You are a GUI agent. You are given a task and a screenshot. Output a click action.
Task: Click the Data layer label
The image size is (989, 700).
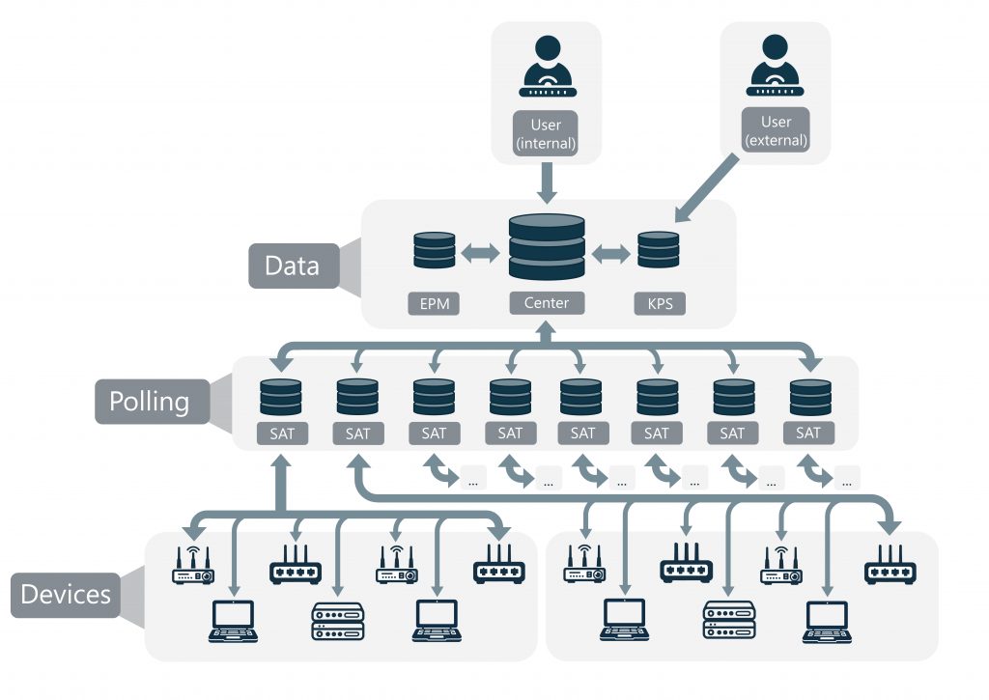click(x=293, y=266)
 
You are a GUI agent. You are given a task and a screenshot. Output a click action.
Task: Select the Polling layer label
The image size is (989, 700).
click(x=149, y=401)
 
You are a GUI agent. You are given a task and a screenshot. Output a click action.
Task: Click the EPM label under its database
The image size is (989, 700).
click(x=434, y=304)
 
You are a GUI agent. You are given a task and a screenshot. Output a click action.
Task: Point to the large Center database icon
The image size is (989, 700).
click(x=547, y=248)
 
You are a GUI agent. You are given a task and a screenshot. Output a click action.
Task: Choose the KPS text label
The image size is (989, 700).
click(x=660, y=304)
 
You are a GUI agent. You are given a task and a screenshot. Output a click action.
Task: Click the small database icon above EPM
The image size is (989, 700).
click(x=434, y=250)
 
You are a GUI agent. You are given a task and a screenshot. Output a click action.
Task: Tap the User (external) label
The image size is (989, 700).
click(x=776, y=130)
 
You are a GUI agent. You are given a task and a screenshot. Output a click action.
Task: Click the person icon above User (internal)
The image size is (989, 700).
click(x=547, y=66)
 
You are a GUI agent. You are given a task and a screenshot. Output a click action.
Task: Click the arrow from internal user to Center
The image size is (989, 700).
click(x=547, y=182)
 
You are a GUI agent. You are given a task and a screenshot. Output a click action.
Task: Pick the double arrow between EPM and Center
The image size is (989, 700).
click(x=479, y=253)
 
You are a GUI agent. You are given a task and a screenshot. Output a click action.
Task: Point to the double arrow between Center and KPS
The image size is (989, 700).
click(x=610, y=253)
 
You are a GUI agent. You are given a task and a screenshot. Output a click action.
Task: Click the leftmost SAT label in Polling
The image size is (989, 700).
click(x=281, y=434)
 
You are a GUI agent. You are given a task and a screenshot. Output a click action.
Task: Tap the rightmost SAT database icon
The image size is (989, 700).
click(x=809, y=397)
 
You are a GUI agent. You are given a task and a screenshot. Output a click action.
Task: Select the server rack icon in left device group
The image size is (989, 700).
click(x=338, y=623)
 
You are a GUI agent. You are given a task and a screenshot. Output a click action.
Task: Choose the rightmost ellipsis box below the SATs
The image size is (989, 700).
click(x=847, y=477)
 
